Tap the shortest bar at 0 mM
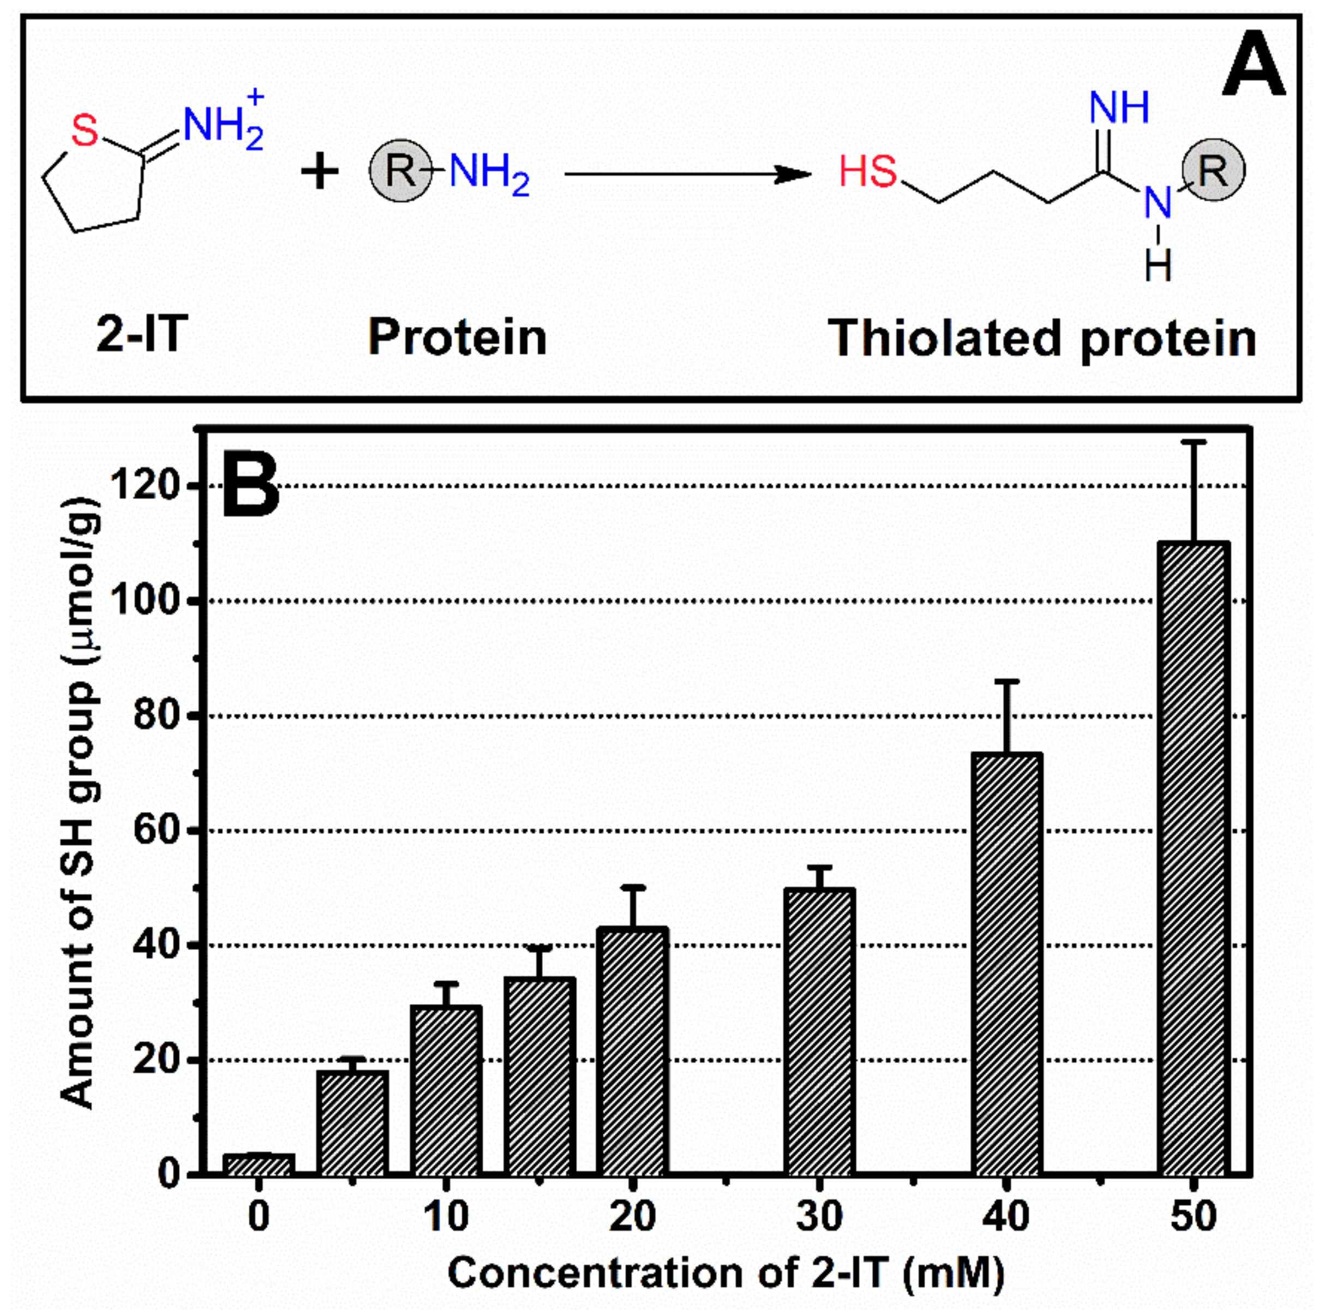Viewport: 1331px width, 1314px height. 259,1164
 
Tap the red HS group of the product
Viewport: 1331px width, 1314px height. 868,171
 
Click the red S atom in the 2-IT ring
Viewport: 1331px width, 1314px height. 85,131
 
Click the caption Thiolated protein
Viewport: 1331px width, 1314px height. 1042,338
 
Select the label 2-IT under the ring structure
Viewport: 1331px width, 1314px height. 142,336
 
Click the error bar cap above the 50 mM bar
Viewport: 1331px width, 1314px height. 1193,441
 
